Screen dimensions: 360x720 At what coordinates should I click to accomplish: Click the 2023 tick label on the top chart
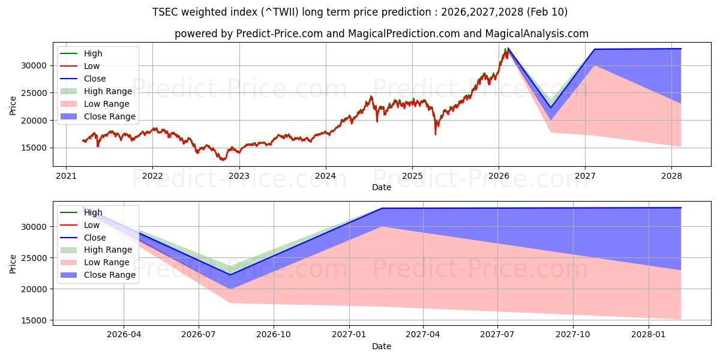(x=239, y=175)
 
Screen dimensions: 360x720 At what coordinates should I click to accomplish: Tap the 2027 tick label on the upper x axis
(x=585, y=175)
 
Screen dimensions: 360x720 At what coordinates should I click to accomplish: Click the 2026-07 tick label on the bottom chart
(x=199, y=334)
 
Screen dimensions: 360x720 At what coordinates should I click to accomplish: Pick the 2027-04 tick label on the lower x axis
(x=423, y=334)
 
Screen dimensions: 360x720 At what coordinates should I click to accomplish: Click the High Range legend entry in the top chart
(x=107, y=91)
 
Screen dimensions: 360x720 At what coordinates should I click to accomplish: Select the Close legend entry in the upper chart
(x=95, y=79)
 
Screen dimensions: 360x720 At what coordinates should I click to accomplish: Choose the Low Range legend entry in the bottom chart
(x=107, y=262)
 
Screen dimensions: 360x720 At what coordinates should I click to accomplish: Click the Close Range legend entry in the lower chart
(x=109, y=275)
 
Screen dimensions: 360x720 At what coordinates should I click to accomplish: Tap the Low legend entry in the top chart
(x=92, y=66)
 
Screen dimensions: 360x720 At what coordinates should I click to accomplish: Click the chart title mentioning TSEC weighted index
(x=360, y=12)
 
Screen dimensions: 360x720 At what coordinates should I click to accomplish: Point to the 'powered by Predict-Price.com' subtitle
(x=382, y=34)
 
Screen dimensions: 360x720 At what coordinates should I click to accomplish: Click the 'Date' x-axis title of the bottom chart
(x=382, y=346)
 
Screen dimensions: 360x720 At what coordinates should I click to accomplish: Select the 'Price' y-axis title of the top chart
(x=13, y=106)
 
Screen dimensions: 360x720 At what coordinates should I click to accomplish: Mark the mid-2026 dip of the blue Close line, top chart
(x=551, y=108)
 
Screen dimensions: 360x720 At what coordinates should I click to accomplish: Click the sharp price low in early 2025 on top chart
(x=436, y=133)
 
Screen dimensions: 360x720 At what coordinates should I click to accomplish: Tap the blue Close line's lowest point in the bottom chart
(x=230, y=275)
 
